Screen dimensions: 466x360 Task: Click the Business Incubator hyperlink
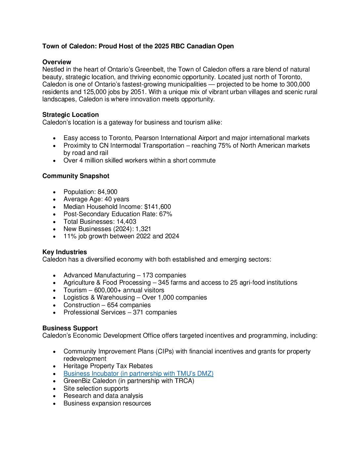tap(138, 374)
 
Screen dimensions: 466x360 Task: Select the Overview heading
tap(57, 62)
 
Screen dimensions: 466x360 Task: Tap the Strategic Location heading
tap(70, 115)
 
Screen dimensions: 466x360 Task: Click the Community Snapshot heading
tap(76, 176)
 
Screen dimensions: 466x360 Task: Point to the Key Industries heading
tap(65, 252)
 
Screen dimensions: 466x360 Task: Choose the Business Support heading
tap(70, 328)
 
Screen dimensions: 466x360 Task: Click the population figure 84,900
tap(107, 192)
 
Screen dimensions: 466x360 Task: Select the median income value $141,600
tap(157, 207)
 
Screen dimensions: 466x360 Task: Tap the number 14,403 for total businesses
tap(126, 222)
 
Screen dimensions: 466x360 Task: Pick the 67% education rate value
tap(165, 214)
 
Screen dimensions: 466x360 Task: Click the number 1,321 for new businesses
tap(143, 229)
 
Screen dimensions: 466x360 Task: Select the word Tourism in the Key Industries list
tap(75, 290)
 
